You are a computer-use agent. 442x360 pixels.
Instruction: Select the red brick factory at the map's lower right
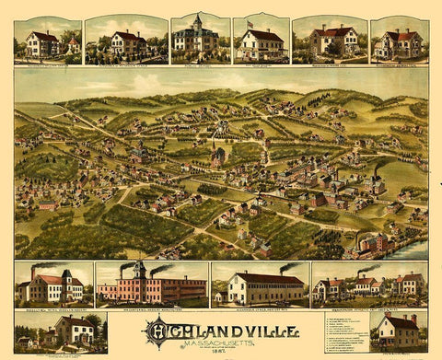click(373, 244)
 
